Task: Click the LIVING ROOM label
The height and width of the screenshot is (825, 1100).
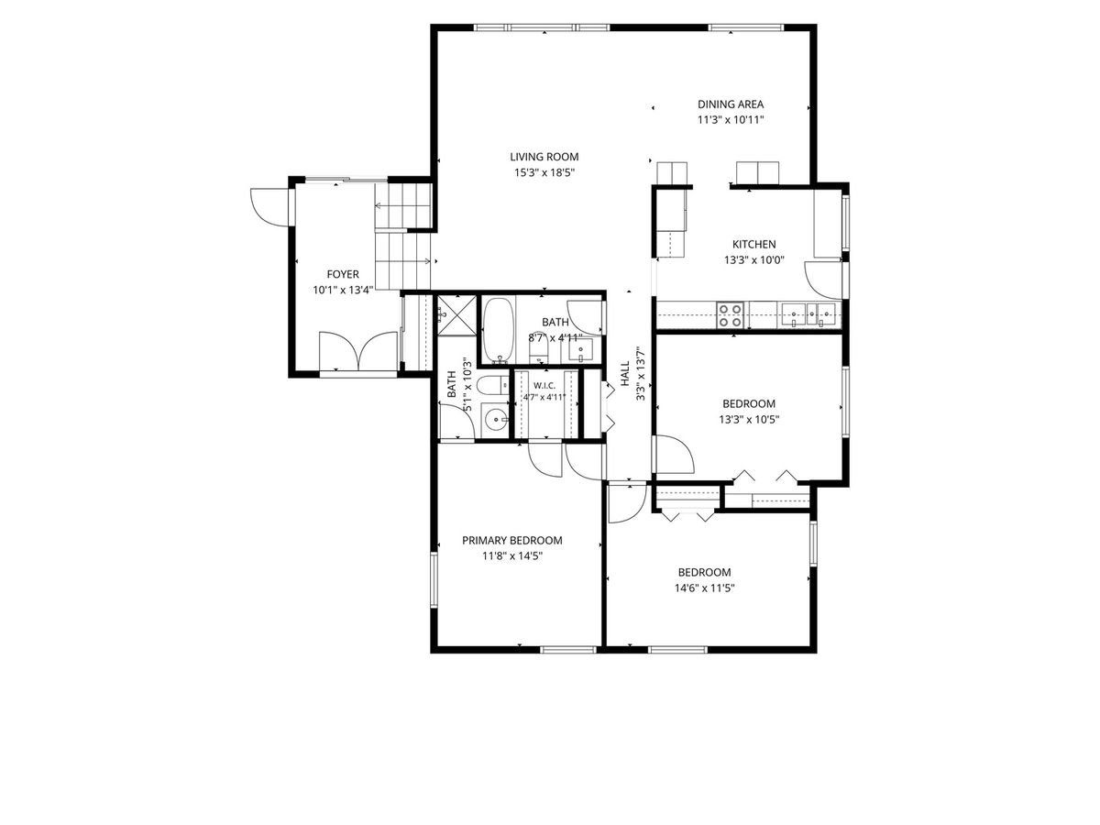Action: [x=544, y=157]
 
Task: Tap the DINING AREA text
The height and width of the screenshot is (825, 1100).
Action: [x=731, y=104]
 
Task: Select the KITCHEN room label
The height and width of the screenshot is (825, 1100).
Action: [x=753, y=244]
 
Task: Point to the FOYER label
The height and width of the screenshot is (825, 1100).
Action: [x=343, y=274]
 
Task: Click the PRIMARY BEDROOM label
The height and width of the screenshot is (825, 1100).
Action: [x=511, y=540]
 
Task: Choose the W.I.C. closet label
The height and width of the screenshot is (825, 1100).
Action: [x=544, y=386]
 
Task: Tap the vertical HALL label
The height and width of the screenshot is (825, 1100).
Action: [x=625, y=374]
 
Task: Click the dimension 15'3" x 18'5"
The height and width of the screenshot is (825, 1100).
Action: [x=544, y=173]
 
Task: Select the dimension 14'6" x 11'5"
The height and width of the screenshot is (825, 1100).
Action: [x=704, y=588]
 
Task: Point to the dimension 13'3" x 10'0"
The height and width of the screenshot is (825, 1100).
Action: [x=753, y=260]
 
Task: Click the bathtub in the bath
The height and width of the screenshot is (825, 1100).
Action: [x=499, y=330]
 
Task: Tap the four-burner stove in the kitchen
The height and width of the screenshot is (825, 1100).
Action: [x=729, y=315]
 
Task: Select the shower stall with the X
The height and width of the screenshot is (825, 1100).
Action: [x=457, y=315]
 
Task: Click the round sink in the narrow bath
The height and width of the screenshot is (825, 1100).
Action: [x=496, y=417]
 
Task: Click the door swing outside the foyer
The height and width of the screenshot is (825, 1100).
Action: [x=269, y=206]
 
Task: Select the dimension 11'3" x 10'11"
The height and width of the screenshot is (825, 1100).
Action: [x=731, y=120]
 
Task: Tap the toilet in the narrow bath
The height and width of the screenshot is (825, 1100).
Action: [x=492, y=386]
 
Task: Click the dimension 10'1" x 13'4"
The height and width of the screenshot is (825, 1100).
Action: [x=343, y=290]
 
